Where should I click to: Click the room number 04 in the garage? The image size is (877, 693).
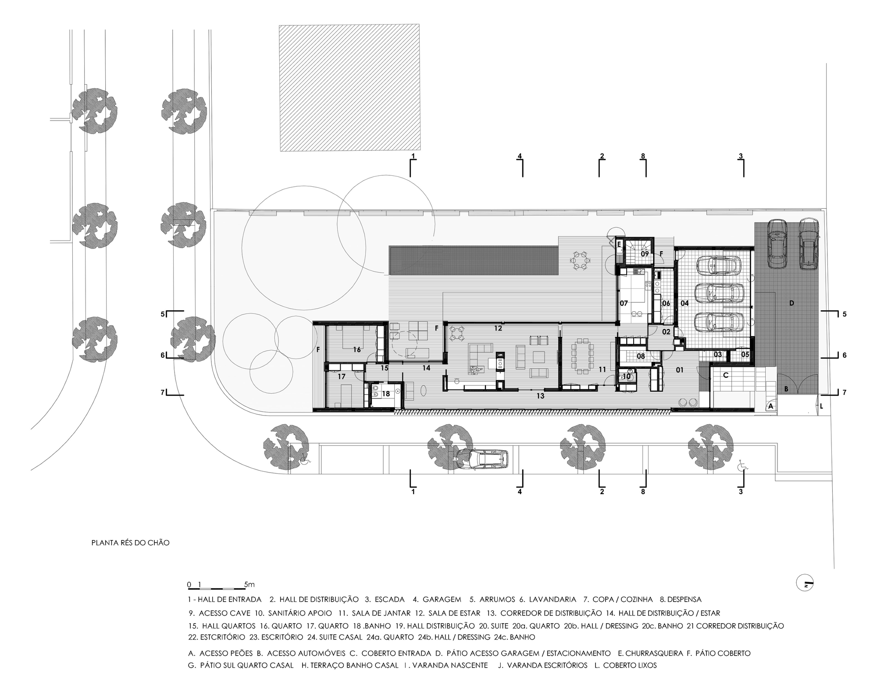coord(684,303)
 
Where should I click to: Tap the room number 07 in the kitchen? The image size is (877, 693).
coord(624,303)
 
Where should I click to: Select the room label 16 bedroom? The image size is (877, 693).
coord(357,349)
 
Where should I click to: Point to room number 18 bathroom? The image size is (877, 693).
coord(386,394)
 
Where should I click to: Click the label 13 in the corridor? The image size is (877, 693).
coord(540,396)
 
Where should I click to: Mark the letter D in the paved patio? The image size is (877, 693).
coord(791,303)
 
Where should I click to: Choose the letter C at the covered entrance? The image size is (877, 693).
coord(725,375)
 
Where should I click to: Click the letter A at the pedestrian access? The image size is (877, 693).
coord(771,407)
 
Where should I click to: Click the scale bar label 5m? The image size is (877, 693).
coord(250,584)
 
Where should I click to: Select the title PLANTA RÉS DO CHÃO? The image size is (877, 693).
coord(130,543)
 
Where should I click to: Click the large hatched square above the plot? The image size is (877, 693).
coord(349,88)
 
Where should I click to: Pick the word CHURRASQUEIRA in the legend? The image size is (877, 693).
coord(654,653)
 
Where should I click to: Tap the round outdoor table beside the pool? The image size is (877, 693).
coord(580,260)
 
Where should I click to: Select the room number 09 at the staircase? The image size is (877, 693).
coord(645,254)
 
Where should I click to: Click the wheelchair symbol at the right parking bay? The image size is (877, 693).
coord(742,465)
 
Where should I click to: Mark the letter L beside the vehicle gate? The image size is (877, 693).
coord(821,406)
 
